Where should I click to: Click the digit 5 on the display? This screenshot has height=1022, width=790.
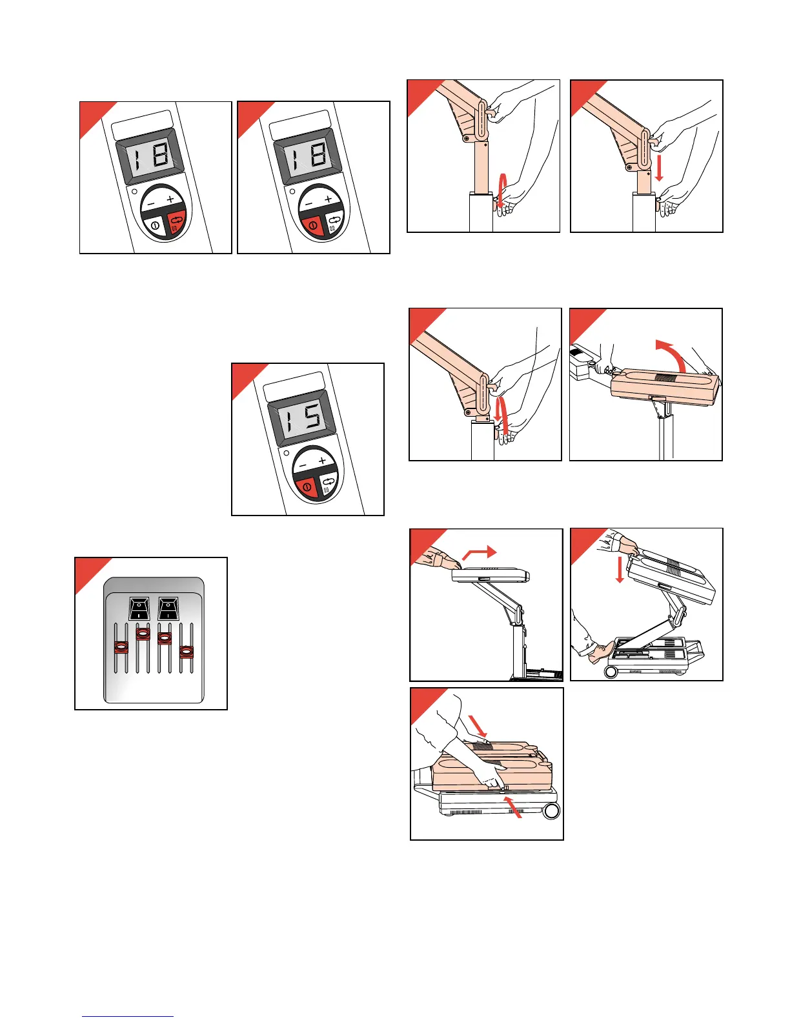coord(312,416)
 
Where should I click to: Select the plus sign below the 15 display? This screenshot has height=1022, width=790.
coord(322,461)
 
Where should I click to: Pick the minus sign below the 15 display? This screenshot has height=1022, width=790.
coord(303,466)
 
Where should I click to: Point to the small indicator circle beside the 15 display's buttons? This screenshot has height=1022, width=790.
coord(286,453)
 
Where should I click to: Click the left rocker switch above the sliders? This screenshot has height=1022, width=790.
coord(139,608)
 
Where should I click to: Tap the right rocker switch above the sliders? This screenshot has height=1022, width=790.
coord(168,608)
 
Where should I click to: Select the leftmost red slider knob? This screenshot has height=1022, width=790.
coord(121,647)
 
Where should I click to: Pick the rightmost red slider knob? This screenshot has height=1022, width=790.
coord(187,652)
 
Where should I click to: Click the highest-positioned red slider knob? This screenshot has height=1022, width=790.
coord(143,634)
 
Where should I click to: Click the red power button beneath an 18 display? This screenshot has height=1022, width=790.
coord(312,225)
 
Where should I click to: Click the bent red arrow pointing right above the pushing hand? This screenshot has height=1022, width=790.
coord(480,552)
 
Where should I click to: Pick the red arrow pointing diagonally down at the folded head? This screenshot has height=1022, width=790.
coord(478,726)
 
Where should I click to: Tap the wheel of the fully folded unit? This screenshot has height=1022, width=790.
coord(551,811)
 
